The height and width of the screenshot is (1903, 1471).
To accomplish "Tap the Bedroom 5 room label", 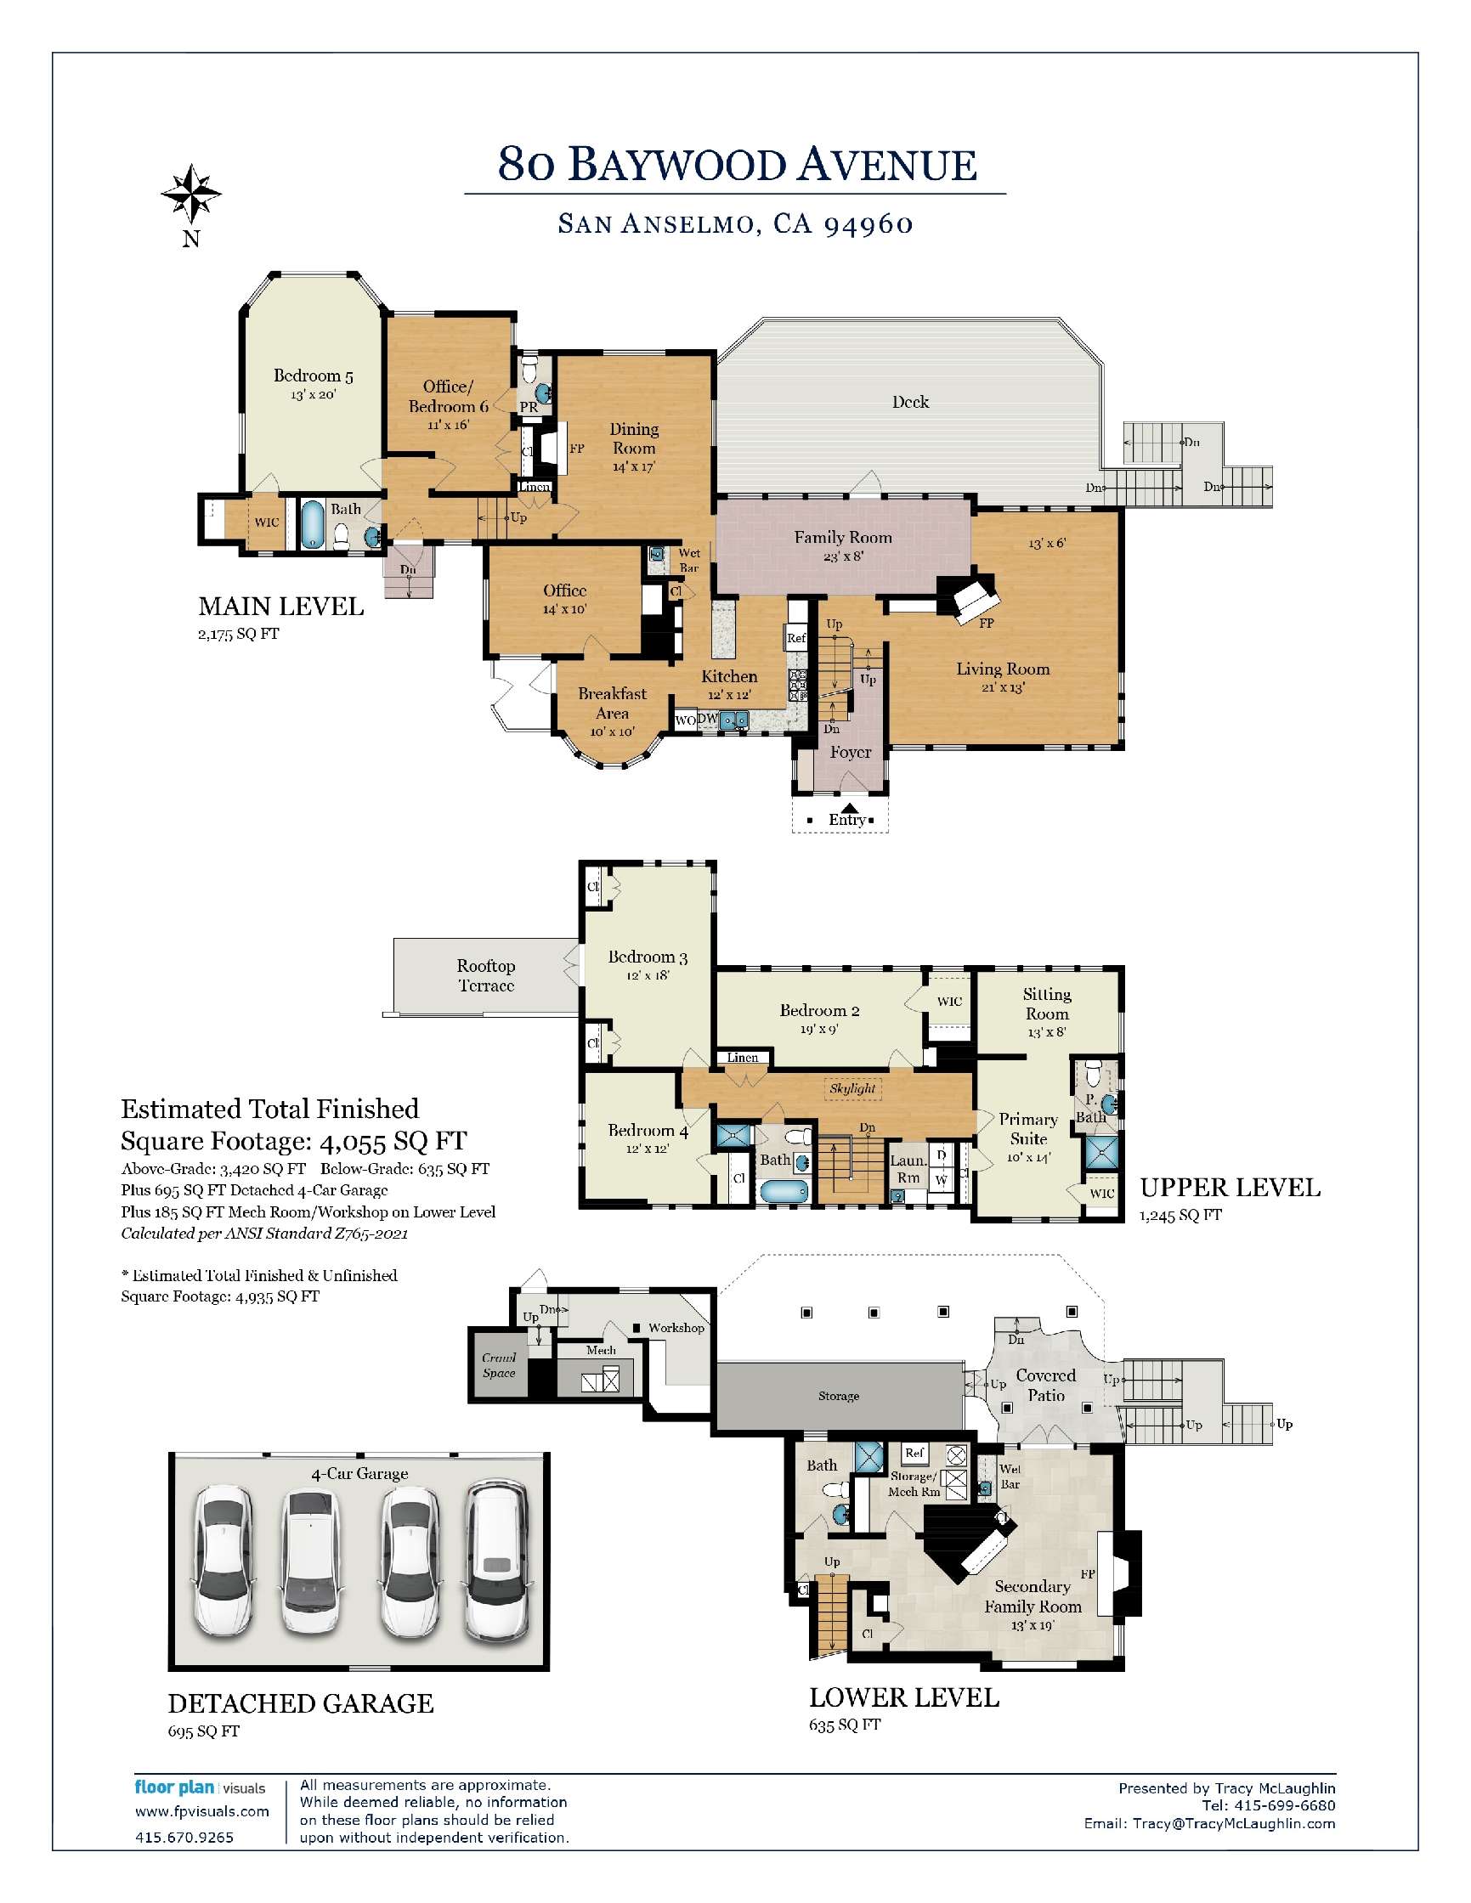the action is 313,376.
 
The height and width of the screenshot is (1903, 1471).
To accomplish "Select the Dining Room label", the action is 634,438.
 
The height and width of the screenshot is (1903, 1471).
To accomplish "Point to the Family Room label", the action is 843,538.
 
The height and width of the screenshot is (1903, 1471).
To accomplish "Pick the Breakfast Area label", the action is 612,703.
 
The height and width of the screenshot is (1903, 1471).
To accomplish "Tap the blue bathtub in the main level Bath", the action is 312,523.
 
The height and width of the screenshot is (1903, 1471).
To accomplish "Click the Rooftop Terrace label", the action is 485,975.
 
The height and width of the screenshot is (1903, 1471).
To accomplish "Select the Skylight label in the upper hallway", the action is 852,1088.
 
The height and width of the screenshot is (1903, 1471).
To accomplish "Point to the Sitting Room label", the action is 1047,1004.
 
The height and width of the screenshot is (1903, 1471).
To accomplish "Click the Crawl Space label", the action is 500,1365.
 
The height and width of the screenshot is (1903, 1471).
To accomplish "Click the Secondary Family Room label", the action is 1033,1596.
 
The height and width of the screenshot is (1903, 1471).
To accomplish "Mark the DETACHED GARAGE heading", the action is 301,1703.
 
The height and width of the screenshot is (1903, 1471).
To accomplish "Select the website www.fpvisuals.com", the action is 202,1811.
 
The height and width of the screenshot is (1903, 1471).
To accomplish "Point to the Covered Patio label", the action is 1046,1385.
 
